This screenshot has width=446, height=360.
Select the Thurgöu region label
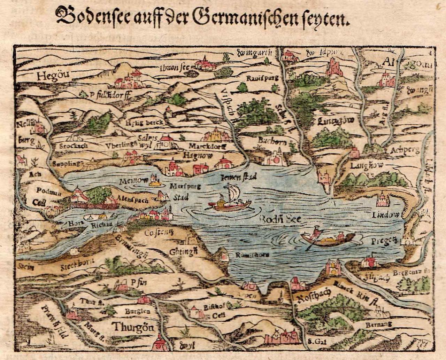pyautogui.click(x=133, y=327)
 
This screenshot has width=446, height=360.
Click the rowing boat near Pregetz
pyautogui.click(x=328, y=239)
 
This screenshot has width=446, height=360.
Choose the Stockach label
pyautogui.click(x=73, y=146)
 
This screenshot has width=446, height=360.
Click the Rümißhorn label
pyautogui.click(x=247, y=255)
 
